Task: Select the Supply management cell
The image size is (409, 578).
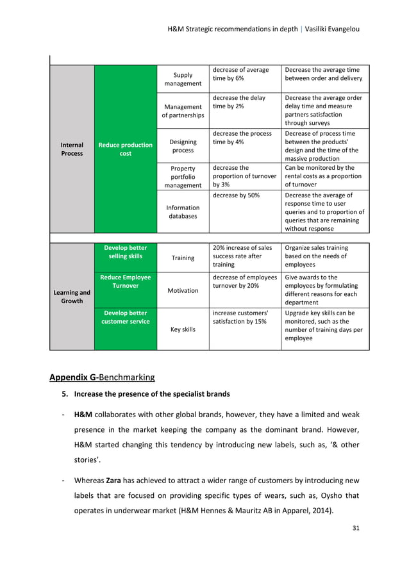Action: pyautogui.click(x=183, y=79)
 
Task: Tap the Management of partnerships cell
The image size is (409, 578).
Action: pyautogui.click(x=183, y=111)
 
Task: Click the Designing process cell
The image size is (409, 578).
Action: pyautogui.click(x=183, y=145)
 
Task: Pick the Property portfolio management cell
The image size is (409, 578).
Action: pyautogui.click(x=183, y=176)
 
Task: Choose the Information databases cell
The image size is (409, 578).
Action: pyautogui.click(x=183, y=211)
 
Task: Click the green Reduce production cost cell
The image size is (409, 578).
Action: pyautogui.click(x=126, y=149)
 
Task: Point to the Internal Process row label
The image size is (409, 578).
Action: pyautogui.click(x=72, y=149)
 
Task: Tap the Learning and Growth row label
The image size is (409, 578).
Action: pyautogui.click(x=72, y=296)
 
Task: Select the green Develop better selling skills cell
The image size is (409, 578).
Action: pyautogui.click(x=126, y=252)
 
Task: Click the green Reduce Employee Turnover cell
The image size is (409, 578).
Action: pyautogui.click(x=126, y=281)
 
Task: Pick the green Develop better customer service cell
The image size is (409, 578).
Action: pyautogui.click(x=126, y=317)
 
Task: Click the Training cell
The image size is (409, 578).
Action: pyautogui.click(x=183, y=258)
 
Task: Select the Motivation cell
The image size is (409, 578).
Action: pyautogui.click(x=183, y=290)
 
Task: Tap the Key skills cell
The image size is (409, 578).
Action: pyautogui.click(x=183, y=329)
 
